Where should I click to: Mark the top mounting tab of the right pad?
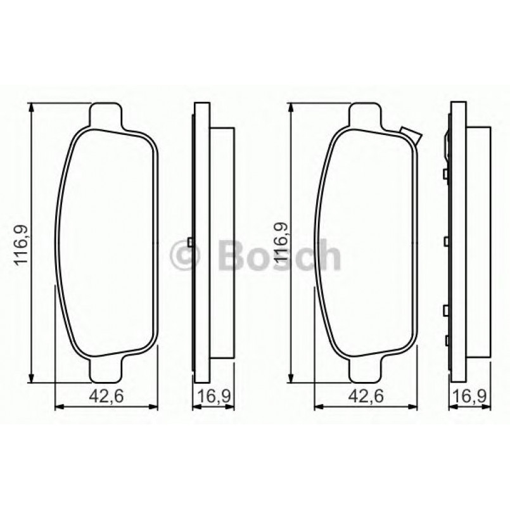(366, 115)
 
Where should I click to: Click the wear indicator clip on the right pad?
(411, 134)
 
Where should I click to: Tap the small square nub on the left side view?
(190, 242)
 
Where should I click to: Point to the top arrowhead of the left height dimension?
(31, 108)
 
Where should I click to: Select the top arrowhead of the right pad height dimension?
(290, 108)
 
